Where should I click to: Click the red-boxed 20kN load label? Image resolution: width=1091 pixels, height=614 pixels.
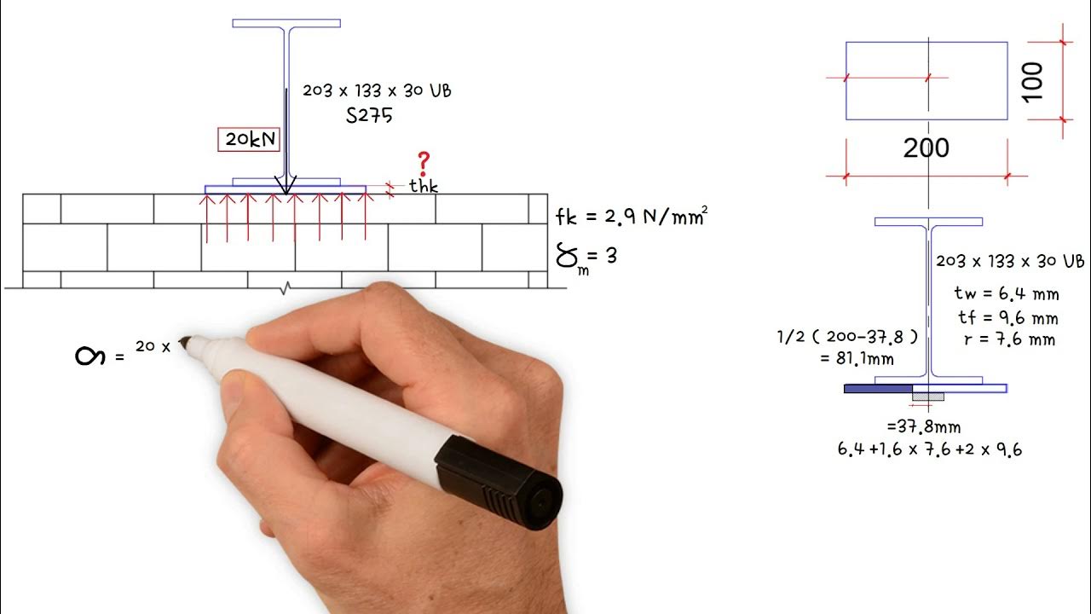pos(250,140)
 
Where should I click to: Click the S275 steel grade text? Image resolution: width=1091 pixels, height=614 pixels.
pos(370,116)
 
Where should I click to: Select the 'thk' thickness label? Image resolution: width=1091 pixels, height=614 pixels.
pos(424,187)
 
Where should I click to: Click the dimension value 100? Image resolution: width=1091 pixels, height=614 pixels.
pos(1032,81)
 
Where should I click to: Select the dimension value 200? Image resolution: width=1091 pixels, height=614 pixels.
pos(926,148)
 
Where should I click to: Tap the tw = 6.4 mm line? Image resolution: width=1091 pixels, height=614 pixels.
pos(1007,294)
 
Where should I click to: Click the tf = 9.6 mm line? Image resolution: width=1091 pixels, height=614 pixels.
pos(1007,318)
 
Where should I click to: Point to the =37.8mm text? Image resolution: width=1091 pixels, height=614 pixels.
pos(924,426)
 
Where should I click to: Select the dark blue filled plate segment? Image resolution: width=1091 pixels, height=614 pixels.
pos(878,389)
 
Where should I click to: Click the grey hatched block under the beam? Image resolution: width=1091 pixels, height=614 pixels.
pos(928,396)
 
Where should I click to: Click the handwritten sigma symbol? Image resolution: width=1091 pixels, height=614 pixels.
pos(90,356)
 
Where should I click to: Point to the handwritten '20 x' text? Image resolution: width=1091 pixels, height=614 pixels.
pos(153,346)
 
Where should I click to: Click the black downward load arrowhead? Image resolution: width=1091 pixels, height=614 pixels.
pos(287,184)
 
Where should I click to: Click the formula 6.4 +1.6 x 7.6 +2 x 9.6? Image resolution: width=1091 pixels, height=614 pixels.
pos(931,449)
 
